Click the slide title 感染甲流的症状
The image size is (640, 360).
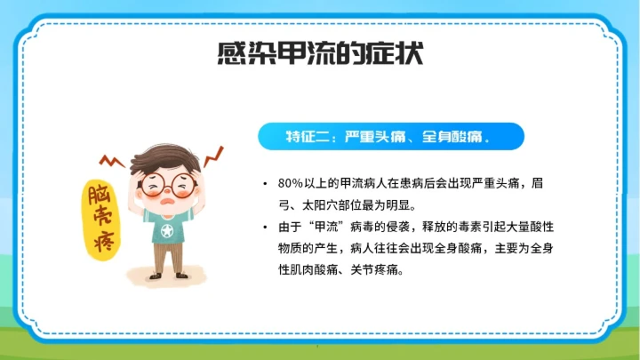pos(319,55)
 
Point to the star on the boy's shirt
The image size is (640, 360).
pos(165,232)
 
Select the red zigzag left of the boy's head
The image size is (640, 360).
pos(112,162)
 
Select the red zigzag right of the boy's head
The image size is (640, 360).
pos(214,157)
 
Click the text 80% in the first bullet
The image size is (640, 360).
pos(291,184)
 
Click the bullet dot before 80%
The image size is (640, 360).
pos(266,184)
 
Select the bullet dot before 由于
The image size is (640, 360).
pos(266,227)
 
